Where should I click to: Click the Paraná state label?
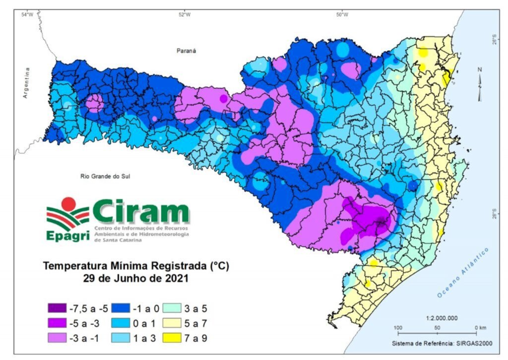pyautogui.click(x=187, y=51)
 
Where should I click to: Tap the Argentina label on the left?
pyautogui.click(x=28, y=82)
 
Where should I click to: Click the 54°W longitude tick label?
pyautogui.click(x=27, y=14)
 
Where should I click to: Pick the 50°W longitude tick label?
pyautogui.click(x=341, y=14)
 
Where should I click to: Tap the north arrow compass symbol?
pyautogui.click(x=480, y=84)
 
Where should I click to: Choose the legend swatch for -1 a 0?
pyautogui.click(x=120, y=306)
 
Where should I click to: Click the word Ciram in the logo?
pyautogui.click(x=140, y=213)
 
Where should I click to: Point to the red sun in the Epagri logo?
pyautogui.click(x=68, y=203)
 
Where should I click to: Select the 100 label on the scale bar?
pyautogui.click(x=397, y=328)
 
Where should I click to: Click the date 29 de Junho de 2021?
pyautogui.click(x=136, y=279)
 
